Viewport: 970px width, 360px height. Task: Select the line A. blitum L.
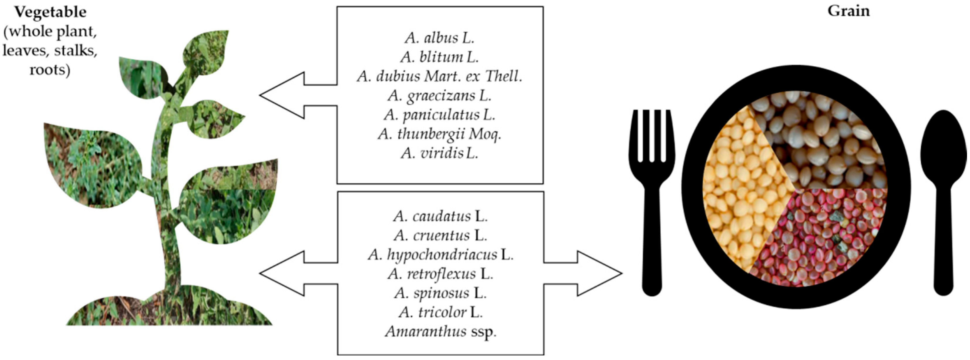pos(439,57)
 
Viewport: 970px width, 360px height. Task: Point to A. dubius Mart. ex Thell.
pos(439,76)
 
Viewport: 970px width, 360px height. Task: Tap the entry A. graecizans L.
pos(439,96)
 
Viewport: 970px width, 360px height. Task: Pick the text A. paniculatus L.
pos(439,115)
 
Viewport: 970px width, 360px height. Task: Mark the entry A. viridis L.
pos(439,153)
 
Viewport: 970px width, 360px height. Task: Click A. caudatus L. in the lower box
pos(440,216)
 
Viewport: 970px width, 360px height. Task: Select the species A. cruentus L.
pos(440,235)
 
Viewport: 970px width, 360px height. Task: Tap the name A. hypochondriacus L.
pos(440,255)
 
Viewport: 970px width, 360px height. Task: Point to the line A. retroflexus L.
pos(440,274)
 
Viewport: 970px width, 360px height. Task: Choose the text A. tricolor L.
pos(440,312)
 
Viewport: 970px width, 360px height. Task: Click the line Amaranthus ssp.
pos(440,332)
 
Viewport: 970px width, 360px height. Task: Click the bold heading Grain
pos(848,11)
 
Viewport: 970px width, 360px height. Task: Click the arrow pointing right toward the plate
pos(588,273)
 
